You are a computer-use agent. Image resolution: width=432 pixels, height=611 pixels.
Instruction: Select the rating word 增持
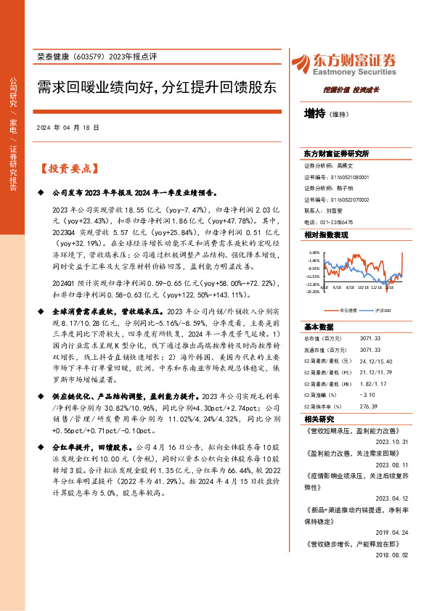(x=314, y=114)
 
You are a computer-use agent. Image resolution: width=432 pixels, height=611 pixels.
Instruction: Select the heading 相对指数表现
(x=326, y=236)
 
